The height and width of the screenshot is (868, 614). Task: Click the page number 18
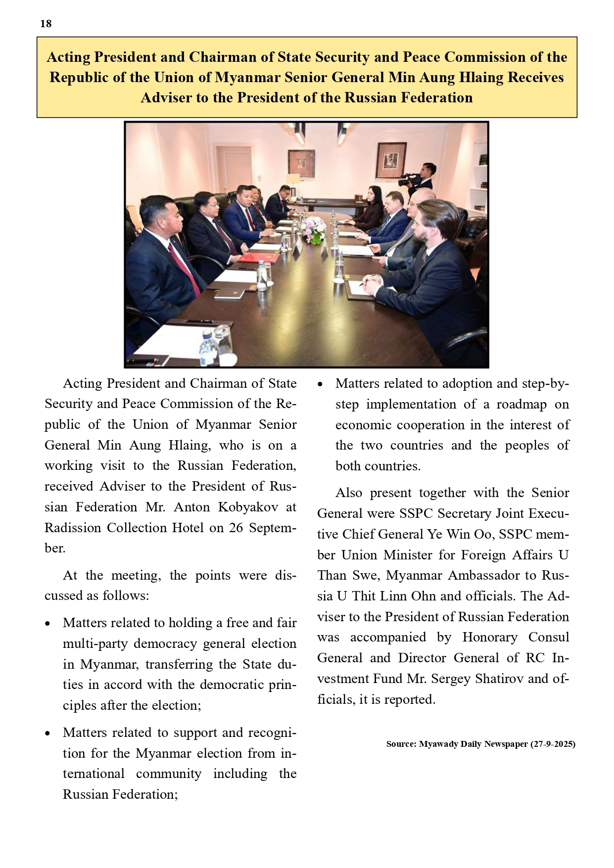pyautogui.click(x=46, y=24)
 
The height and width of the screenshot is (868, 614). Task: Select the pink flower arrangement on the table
pyautogui.click(x=315, y=230)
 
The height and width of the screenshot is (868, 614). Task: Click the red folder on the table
pyautogui.click(x=259, y=258)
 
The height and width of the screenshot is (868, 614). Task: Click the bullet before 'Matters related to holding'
pyautogui.click(x=47, y=624)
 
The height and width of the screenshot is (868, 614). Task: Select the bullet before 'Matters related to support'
pyautogui.click(x=47, y=733)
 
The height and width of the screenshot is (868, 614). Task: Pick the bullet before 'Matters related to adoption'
pyautogui.click(x=320, y=384)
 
